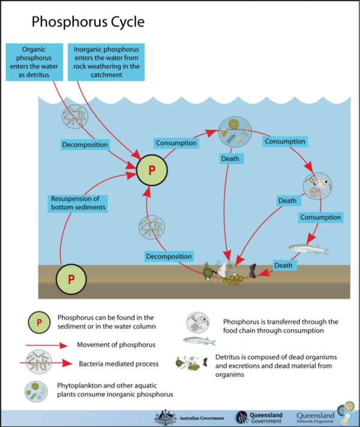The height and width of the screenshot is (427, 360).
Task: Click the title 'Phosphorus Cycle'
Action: (88, 23)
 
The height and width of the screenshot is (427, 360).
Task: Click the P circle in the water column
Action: (152, 170)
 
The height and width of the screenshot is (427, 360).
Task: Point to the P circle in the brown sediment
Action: (71, 279)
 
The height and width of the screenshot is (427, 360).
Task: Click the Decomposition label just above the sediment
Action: (169, 256)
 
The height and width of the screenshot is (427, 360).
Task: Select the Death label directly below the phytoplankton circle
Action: (230, 159)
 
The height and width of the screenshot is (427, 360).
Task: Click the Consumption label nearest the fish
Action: (320, 217)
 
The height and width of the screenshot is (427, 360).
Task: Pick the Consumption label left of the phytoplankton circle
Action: (176, 143)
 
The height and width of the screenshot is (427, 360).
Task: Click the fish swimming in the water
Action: (308, 247)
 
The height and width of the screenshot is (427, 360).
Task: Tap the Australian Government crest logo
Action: (163, 417)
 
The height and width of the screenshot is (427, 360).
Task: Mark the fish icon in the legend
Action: (199, 341)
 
